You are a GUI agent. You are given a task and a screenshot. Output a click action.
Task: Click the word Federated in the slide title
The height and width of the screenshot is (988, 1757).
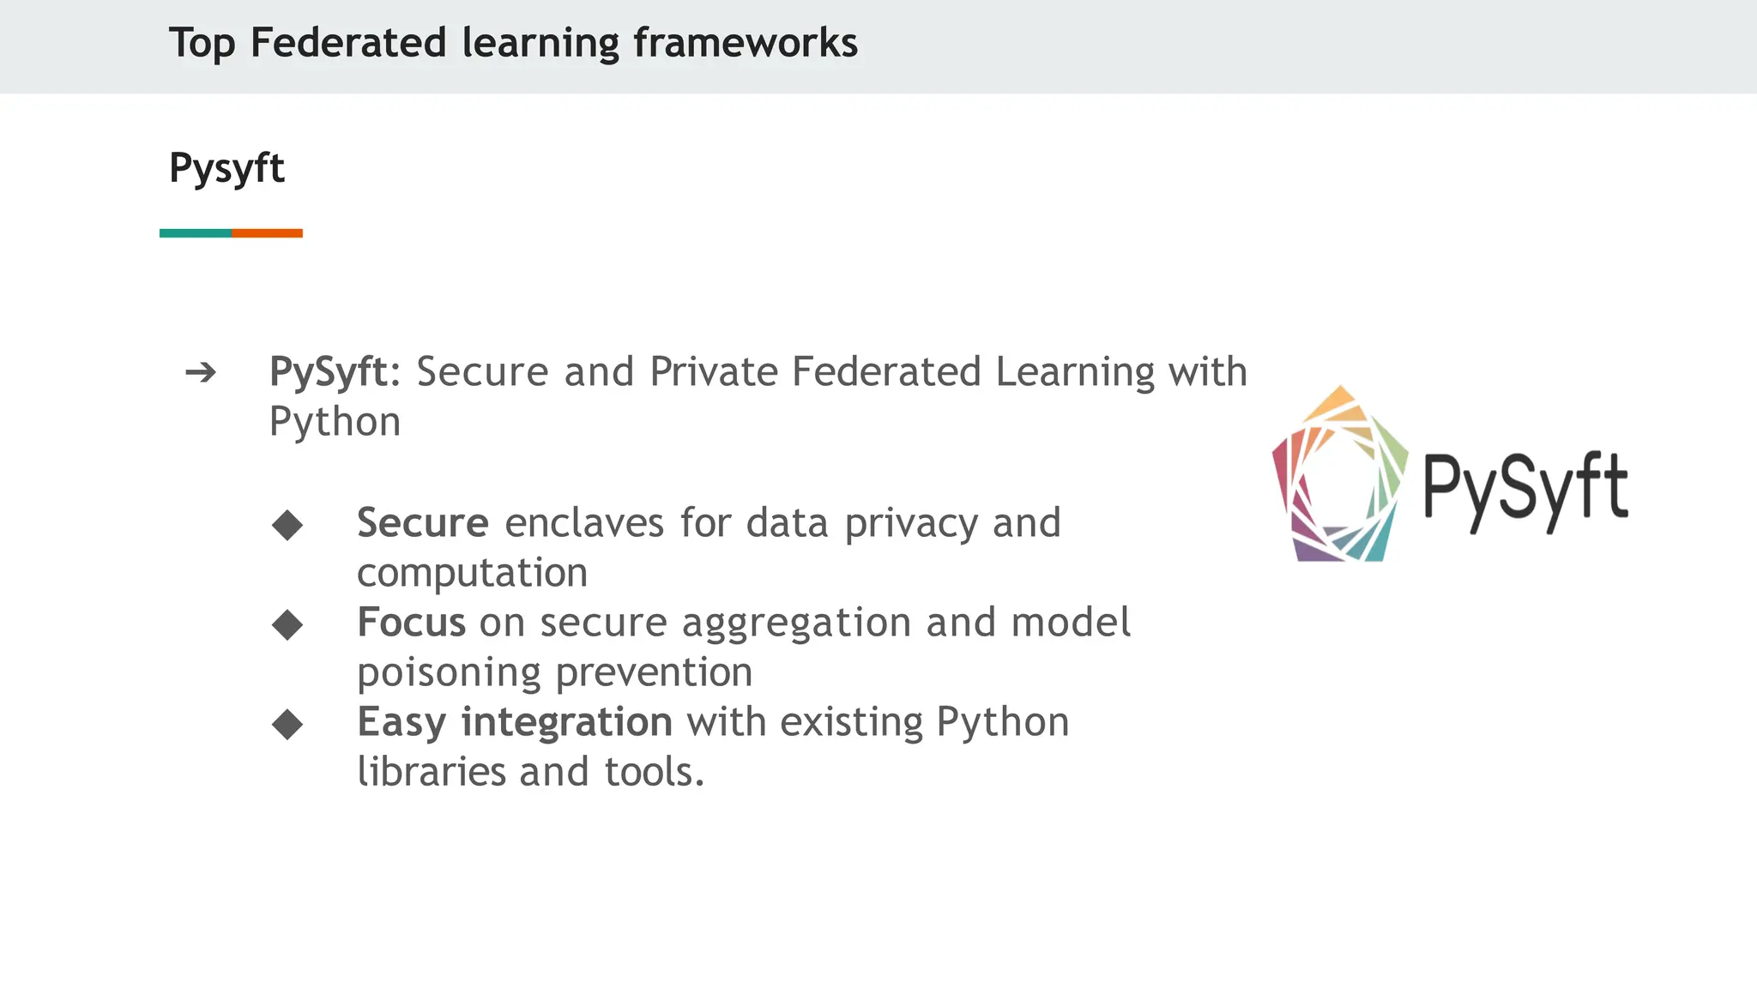coord(348,43)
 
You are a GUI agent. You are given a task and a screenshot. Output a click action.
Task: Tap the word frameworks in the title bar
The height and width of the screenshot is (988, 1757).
coord(745,43)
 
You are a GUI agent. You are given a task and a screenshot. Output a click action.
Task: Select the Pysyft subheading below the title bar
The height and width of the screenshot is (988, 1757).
coord(226,168)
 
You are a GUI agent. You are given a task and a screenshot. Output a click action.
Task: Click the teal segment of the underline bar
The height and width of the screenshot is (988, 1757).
coord(196,233)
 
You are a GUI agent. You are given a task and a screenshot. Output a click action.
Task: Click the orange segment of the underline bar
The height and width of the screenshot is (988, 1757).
coord(267,233)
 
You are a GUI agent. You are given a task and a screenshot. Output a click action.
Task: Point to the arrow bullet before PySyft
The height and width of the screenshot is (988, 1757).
coord(201,373)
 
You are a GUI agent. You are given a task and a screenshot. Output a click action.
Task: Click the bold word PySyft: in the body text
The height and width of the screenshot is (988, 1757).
coord(335,373)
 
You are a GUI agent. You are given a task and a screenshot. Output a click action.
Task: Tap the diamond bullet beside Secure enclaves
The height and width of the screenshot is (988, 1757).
coord(287,525)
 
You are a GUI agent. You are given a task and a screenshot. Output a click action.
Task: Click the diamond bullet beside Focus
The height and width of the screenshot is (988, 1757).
coord(287,625)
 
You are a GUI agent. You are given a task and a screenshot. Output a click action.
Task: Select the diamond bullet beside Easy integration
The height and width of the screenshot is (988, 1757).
coord(287,725)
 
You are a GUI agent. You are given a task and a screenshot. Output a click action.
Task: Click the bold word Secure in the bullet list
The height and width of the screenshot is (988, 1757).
coord(422,523)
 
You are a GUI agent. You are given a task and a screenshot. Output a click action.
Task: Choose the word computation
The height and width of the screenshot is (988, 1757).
coord(472,574)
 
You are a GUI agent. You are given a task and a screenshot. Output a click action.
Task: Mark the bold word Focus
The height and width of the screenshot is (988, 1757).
coord(411,623)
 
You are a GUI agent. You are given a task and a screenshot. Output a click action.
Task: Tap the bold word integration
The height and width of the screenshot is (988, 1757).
coord(566,722)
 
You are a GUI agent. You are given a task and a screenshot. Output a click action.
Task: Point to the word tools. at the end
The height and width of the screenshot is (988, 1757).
coord(654,772)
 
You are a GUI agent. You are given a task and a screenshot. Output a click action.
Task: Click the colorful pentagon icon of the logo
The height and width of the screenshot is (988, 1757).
coord(1340,477)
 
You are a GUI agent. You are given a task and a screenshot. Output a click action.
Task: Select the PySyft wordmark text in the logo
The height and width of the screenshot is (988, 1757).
coord(1525,489)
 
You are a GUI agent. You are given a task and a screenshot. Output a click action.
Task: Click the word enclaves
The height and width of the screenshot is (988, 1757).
coord(584,523)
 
